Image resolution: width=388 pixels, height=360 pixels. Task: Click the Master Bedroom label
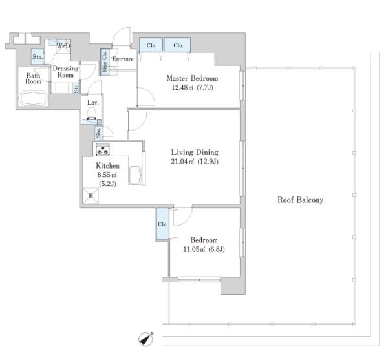(x=192, y=78)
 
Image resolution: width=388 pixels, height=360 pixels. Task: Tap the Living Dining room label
(x=195, y=153)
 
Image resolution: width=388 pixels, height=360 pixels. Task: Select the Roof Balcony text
(x=301, y=200)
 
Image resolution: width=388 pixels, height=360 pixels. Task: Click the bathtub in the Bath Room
(x=33, y=98)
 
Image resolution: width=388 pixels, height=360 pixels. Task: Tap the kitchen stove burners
(x=103, y=149)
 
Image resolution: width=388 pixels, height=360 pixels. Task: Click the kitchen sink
(x=135, y=175)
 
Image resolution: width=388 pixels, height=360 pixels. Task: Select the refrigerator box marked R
(x=91, y=196)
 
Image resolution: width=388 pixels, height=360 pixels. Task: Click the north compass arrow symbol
(x=145, y=339)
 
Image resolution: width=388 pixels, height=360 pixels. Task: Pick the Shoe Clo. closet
(x=105, y=61)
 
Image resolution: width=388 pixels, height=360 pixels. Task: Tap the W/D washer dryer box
(x=63, y=46)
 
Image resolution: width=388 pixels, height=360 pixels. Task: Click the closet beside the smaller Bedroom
(x=163, y=224)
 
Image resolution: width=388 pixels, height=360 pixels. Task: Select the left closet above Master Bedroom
(x=151, y=45)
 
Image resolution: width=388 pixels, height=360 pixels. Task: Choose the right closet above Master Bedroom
(x=178, y=45)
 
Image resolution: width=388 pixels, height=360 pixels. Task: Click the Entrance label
(x=123, y=59)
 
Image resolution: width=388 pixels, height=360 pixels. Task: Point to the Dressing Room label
(x=65, y=72)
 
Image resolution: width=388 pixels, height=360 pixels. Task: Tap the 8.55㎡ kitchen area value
(x=107, y=175)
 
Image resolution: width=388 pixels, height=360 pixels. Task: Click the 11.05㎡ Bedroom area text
(x=195, y=249)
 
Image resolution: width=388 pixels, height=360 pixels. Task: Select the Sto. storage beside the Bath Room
(x=38, y=57)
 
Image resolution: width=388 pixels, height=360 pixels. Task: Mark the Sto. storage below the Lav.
(x=99, y=132)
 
